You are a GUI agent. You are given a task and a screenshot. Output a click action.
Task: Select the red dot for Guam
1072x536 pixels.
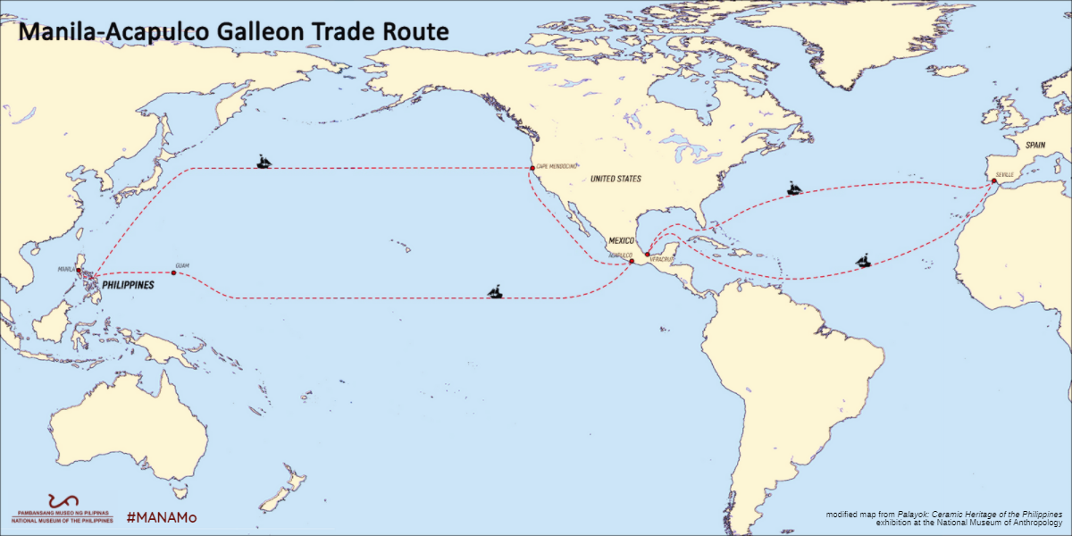(173, 273)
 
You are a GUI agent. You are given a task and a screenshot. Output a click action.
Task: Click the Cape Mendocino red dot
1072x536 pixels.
(532, 168)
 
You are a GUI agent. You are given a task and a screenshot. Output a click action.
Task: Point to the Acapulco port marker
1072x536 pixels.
(631, 261)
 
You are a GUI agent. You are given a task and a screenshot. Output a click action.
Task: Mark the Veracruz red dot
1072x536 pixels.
(648, 255)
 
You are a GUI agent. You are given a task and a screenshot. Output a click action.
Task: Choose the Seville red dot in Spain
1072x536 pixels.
(994, 181)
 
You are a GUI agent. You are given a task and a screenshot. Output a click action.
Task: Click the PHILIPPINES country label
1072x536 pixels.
(124, 286)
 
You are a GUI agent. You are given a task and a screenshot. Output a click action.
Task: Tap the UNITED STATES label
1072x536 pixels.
(616, 180)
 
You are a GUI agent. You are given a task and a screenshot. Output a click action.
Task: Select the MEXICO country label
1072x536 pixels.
(621, 241)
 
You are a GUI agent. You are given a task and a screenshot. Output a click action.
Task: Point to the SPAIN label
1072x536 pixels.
(1035, 145)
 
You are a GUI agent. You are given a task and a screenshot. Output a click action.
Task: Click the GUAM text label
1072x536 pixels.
(183, 265)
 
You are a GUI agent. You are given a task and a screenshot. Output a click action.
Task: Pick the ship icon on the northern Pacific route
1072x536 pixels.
(264, 162)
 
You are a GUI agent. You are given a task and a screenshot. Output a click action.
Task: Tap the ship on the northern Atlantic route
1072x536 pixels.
(794, 188)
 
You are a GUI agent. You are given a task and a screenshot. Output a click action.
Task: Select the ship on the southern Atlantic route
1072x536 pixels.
(864, 262)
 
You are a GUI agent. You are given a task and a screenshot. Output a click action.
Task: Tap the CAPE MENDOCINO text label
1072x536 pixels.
(556, 166)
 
